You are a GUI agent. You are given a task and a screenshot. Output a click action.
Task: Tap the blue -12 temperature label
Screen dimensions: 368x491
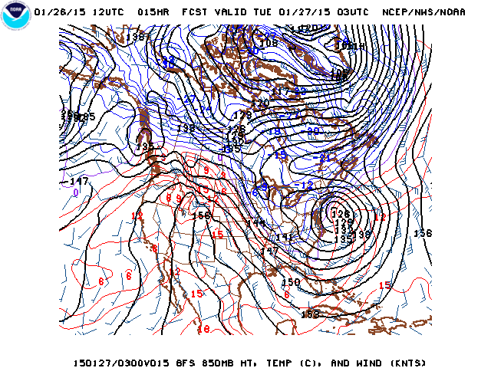(x=305, y=185)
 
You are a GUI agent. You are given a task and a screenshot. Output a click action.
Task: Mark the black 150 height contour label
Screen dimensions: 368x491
(x=291, y=282)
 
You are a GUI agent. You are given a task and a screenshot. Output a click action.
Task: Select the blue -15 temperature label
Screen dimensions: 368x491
(x=280, y=155)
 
